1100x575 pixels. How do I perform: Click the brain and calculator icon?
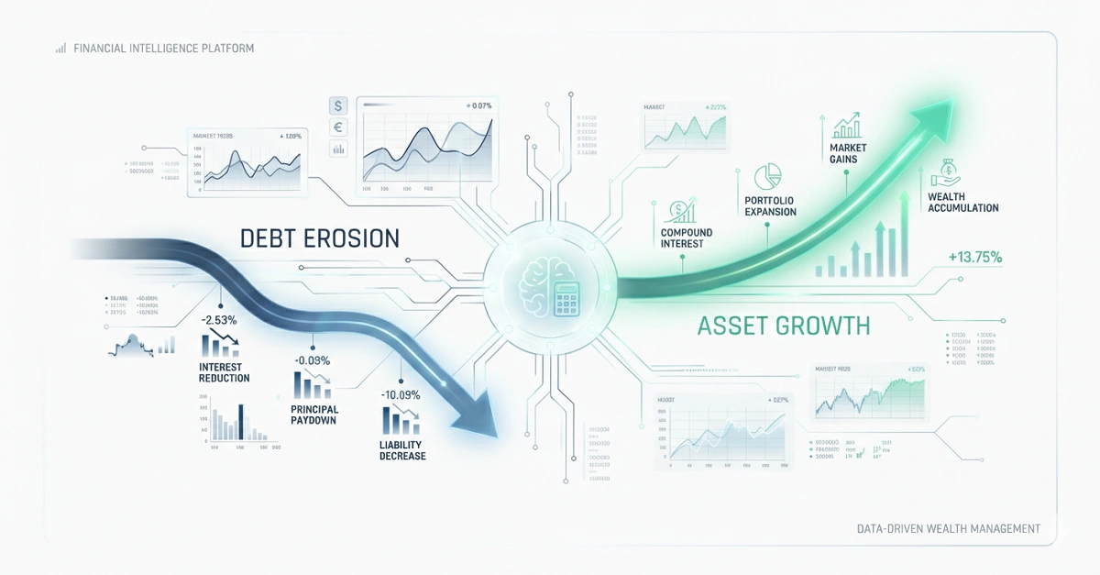[x=550, y=286]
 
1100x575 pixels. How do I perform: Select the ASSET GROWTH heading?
[x=784, y=326]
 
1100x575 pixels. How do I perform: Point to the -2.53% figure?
[x=220, y=320]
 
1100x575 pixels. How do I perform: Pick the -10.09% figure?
[x=401, y=395]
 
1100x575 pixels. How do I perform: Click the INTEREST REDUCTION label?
[x=224, y=372]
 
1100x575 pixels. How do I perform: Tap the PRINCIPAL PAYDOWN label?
[x=314, y=415]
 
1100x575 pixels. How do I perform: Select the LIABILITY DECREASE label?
[x=402, y=449]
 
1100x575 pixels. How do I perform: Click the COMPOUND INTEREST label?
[x=687, y=238]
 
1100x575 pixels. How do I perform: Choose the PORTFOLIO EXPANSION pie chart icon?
[x=766, y=176]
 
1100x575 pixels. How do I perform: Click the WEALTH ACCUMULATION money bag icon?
[x=944, y=171]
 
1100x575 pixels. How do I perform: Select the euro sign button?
[x=338, y=127]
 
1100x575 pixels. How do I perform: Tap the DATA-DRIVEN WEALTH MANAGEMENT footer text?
[x=949, y=528]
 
